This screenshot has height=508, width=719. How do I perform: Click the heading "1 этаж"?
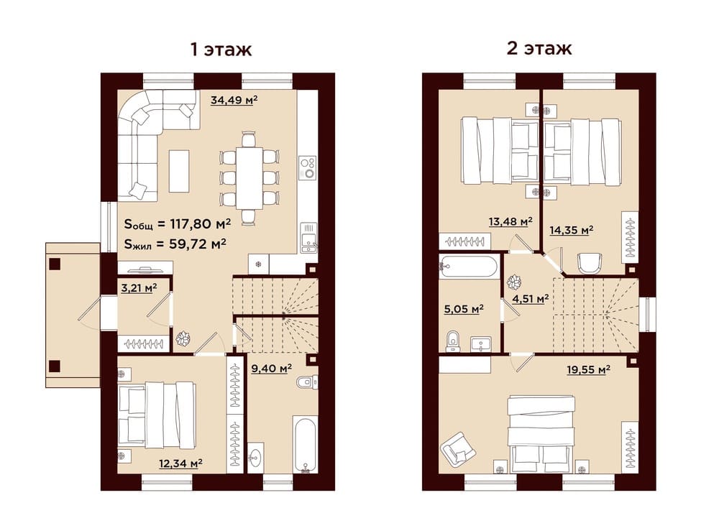pos(221,49)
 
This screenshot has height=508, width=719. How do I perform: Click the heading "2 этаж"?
pos(539,47)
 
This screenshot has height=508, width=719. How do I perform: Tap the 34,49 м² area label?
pos(234,99)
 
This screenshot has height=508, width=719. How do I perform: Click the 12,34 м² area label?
pos(181,463)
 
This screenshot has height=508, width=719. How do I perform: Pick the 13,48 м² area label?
pos(510,222)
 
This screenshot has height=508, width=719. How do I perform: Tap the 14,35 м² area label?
pos(572,230)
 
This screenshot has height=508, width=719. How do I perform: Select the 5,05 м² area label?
pos(464,309)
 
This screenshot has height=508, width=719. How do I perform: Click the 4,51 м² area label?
pos(531,300)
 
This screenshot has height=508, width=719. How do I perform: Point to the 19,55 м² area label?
pos(588,369)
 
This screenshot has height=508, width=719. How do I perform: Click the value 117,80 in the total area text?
pos(191,223)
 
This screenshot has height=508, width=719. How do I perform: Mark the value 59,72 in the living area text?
pos(188,244)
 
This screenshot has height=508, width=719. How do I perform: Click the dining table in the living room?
pos(249,177)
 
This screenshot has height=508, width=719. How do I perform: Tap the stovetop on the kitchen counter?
pos(307,168)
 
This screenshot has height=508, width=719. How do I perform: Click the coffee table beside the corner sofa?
pos(179,171)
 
